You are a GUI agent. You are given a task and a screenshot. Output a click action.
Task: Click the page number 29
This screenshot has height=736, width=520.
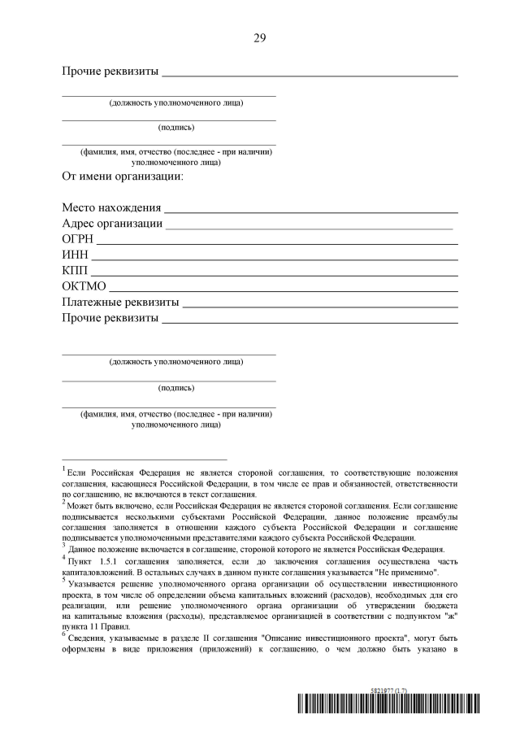pyautogui.click(x=259, y=37)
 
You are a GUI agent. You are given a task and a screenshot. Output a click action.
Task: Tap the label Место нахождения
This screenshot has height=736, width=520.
pyautogui.click(x=111, y=208)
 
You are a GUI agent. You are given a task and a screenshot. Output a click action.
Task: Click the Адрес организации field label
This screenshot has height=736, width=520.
pyautogui.click(x=112, y=224)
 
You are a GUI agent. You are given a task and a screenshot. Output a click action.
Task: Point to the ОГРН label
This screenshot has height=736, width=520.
pyautogui.click(x=78, y=239)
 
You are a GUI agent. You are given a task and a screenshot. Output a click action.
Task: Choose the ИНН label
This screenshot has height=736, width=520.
pyautogui.click(x=75, y=255)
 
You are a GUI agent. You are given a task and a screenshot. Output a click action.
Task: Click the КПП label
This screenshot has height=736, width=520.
pyautogui.click(x=75, y=270)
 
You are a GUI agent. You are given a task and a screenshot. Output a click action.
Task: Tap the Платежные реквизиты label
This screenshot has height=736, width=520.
pyautogui.click(x=120, y=302)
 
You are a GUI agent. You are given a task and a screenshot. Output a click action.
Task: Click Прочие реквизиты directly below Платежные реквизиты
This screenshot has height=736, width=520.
pyautogui.click(x=110, y=317)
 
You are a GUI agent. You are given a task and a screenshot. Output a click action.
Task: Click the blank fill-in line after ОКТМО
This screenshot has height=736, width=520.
pyautogui.click(x=284, y=290)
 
